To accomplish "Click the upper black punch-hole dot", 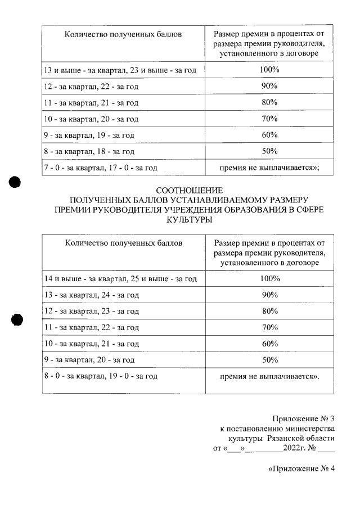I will pyautogui.click(x=15, y=182).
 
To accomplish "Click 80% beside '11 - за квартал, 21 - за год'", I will pyautogui.click(x=269, y=102).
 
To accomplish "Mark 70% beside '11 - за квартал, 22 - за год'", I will pyautogui.click(x=269, y=327).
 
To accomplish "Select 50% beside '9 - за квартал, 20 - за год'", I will pyautogui.click(x=269, y=359).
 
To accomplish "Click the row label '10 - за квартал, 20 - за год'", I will pyautogui.click(x=91, y=119).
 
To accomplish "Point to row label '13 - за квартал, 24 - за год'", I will pyautogui.click(x=91, y=295).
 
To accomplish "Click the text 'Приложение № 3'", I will pyautogui.click(x=303, y=419).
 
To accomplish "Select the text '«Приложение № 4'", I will pyautogui.click(x=301, y=470).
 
